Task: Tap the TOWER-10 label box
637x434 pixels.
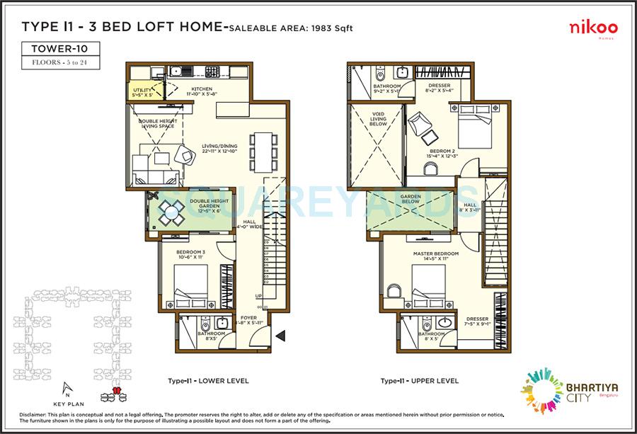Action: click(59, 49)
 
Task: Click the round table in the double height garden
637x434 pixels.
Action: click(171, 210)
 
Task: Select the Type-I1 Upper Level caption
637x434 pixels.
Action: click(419, 381)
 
